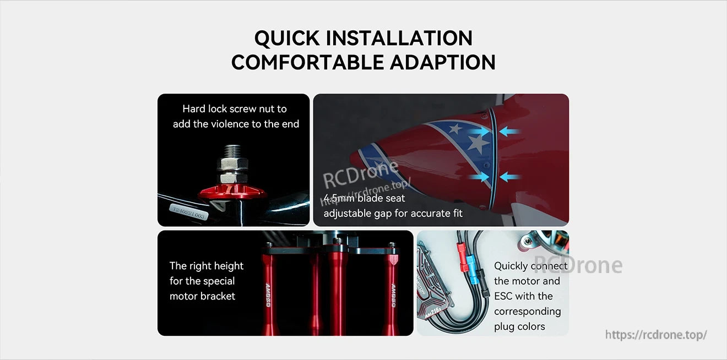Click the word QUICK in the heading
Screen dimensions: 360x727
(x=286, y=38)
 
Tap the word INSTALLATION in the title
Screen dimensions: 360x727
(x=399, y=38)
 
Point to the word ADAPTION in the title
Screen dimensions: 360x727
(x=443, y=62)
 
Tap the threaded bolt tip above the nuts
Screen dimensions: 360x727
(x=234, y=150)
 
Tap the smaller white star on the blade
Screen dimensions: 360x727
(x=455, y=128)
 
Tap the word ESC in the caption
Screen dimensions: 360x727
(x=503, y=296)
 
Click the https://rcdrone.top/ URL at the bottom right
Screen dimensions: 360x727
(x=655, y=335)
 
